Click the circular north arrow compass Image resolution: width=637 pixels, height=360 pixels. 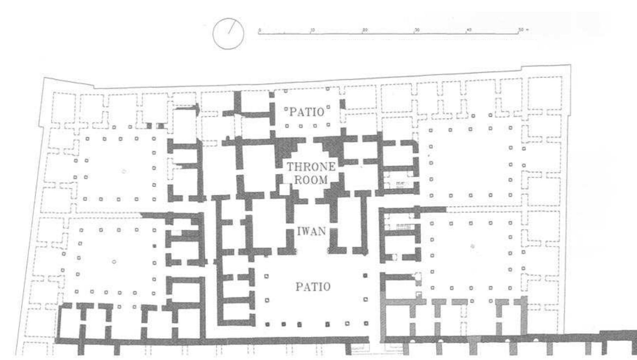pos(228,34)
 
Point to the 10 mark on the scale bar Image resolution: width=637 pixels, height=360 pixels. pos(312,30)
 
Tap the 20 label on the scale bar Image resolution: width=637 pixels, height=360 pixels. pos(365,30)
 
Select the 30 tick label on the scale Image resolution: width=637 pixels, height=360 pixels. pos(417,30)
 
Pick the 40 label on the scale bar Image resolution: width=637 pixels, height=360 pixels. pos(469,30)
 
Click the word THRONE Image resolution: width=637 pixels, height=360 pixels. pos(311,167)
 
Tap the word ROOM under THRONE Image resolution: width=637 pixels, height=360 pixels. pos(311,180)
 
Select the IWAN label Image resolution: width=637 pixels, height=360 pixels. pos(311,231)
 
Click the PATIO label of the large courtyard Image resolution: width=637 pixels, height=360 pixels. pos(313,287)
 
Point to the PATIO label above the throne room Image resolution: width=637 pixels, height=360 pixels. pos(307,112)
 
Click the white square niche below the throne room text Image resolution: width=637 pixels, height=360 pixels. pos(285,189)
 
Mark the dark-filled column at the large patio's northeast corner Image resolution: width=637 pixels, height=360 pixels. pos(365,276)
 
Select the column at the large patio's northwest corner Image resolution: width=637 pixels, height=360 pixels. pos(267,276)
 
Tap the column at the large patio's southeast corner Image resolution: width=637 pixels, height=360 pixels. pos(366,323)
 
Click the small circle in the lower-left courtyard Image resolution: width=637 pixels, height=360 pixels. pos(114,262)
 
